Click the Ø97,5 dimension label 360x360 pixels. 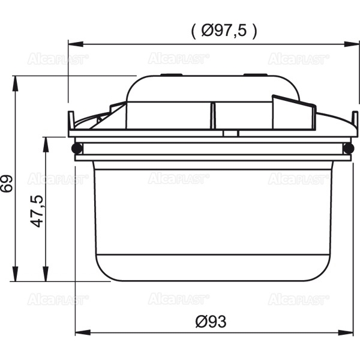(x=224, y=31)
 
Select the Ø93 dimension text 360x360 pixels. (x=211, y=322)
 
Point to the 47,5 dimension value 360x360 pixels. (x=37, y=211)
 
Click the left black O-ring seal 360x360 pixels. (x=77, y=148)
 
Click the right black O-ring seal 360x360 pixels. (x=349, y=148)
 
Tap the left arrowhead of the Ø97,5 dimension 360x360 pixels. (x=76, y=44)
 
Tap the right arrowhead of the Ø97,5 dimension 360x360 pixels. (x=352, y=44)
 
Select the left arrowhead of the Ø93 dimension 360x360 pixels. (x=83, y=332)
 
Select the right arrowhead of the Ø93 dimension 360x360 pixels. (x=345, y=332)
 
